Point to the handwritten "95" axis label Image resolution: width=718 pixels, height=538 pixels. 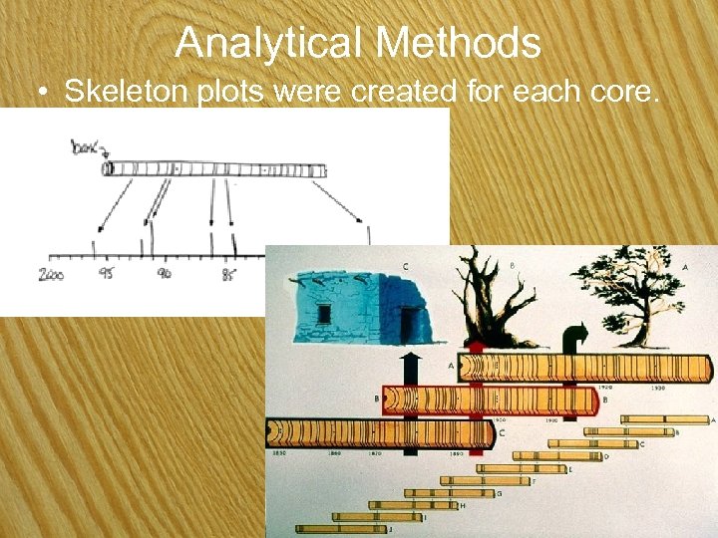[x=104, y=272]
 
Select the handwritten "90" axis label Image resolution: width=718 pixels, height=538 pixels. [x=163, y=272]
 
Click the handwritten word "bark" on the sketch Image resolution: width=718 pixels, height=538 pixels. [x=87, y=150]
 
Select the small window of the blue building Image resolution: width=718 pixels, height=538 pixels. [x=324, y=313]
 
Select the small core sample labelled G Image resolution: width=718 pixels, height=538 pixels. [x=449, y=492]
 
